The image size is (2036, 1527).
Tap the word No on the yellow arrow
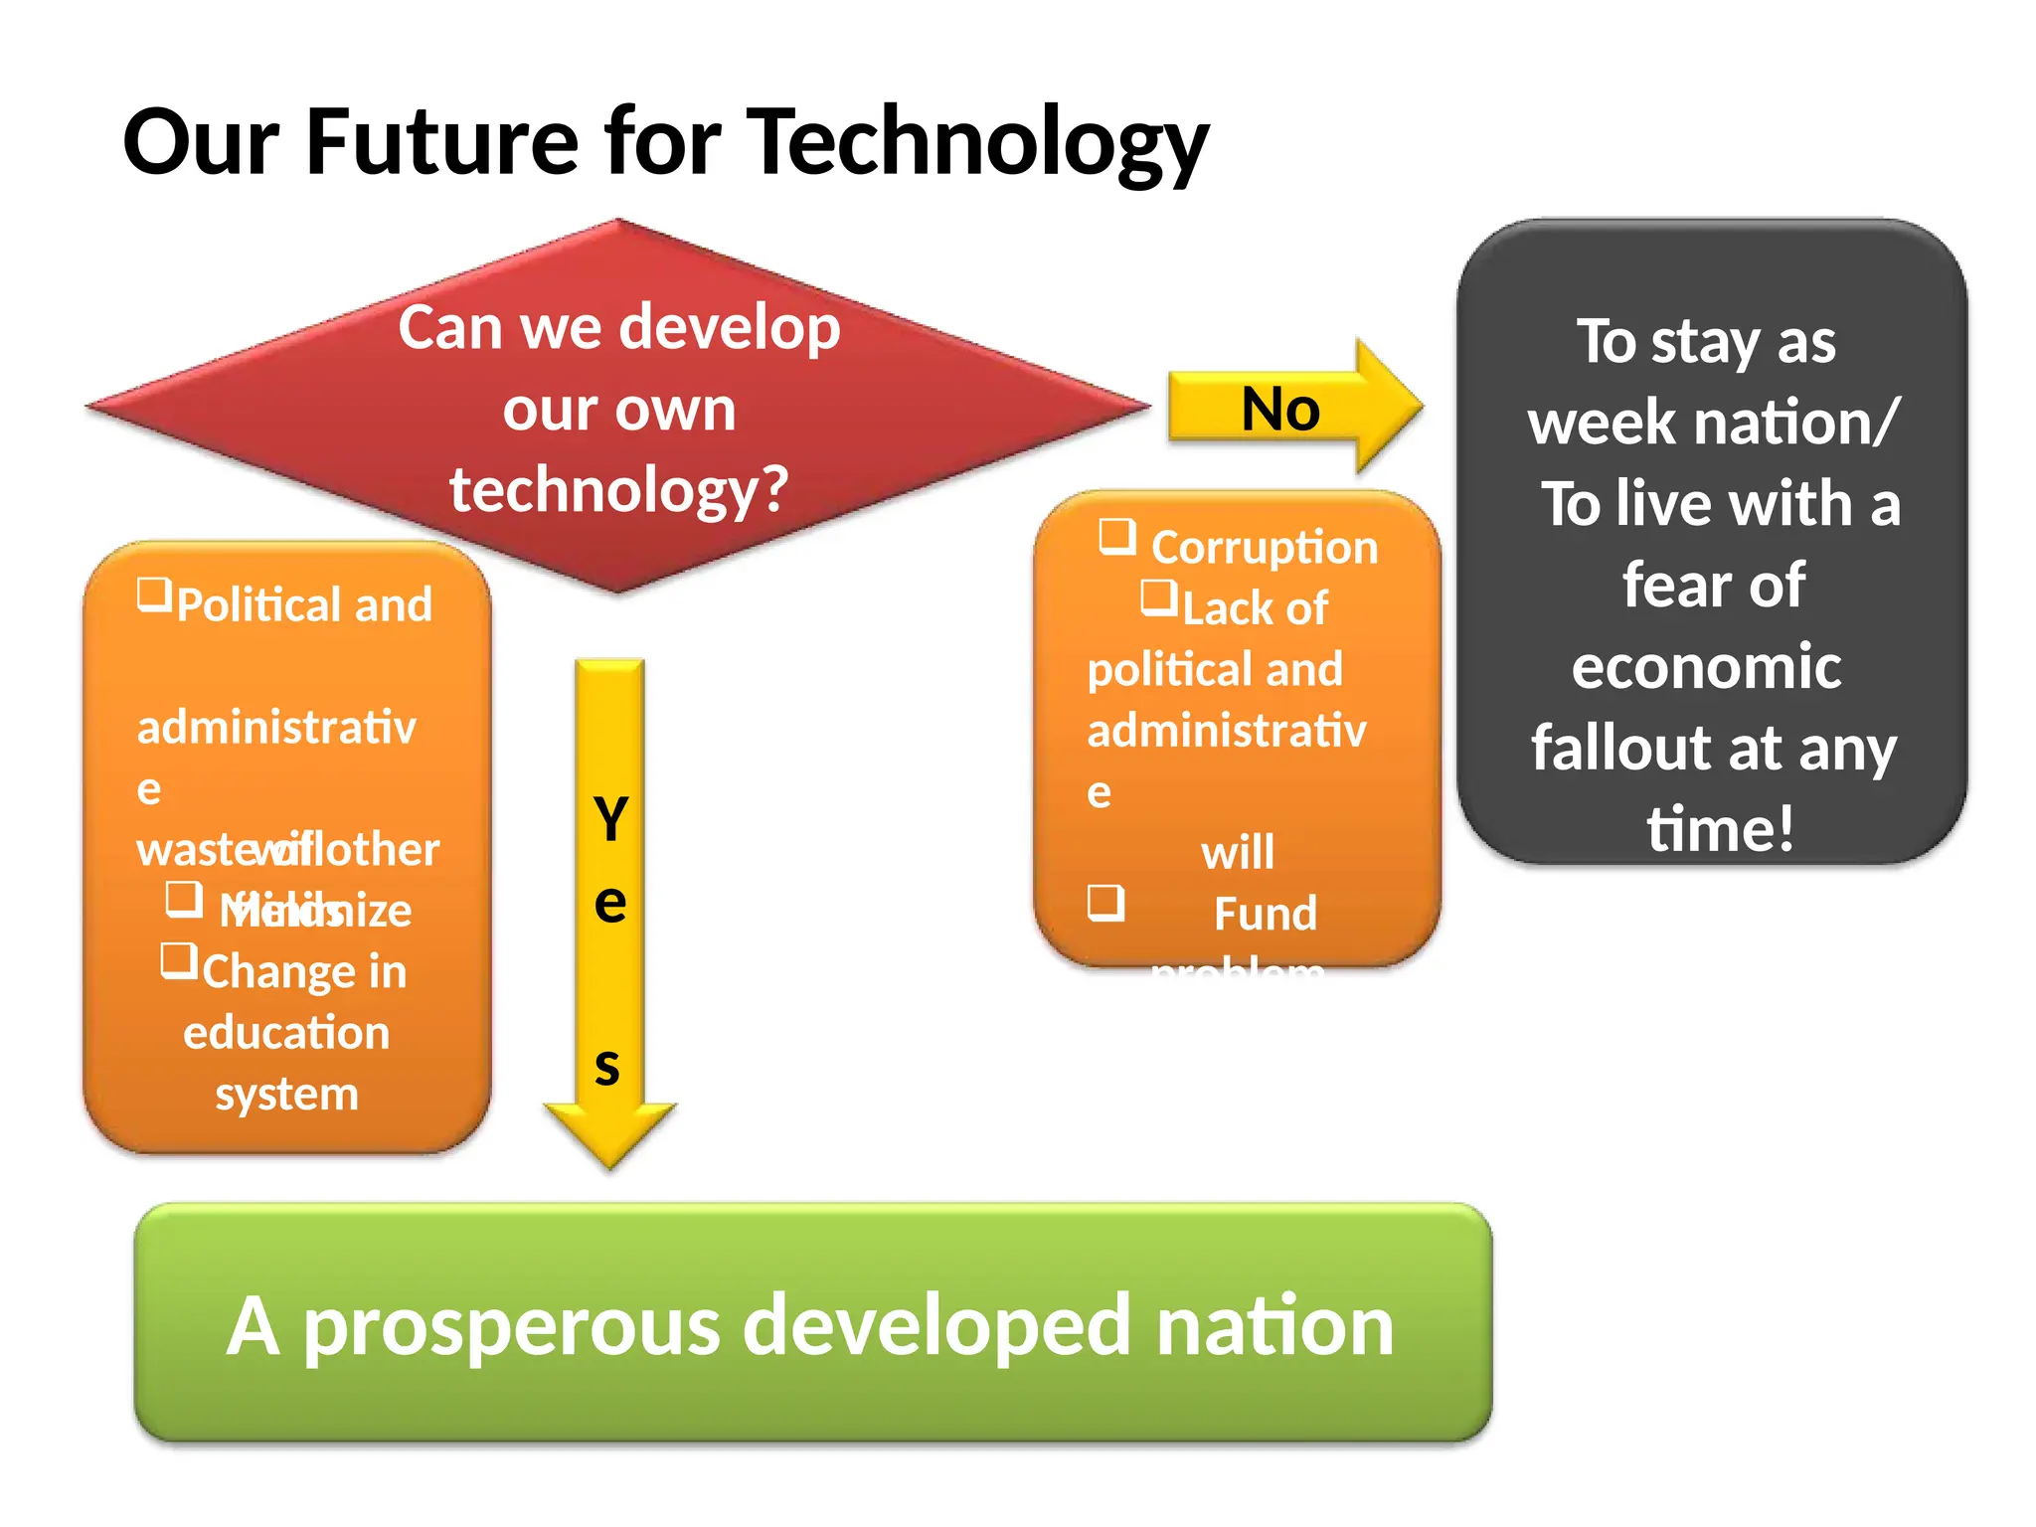coord(1280,409)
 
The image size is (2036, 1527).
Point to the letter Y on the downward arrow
coord(610,819)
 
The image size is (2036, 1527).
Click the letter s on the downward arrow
coord(607,1067)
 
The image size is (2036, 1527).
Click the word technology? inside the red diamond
coord(618,489)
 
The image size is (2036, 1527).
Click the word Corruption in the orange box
coord(1264,548)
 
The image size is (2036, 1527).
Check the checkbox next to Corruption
coord(1116,536)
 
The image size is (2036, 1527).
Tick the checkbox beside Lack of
coord(1158,597)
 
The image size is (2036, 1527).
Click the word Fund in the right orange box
coord(1265,914)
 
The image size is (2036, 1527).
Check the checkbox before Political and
coord(154,594)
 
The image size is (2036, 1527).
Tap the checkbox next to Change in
coord(179,960)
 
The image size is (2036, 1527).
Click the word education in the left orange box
coord(286,1033)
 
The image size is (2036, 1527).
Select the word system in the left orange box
coord(286,1095)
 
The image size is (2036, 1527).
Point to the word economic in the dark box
coord(1706,667)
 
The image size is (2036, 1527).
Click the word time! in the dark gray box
coord(1720,828)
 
